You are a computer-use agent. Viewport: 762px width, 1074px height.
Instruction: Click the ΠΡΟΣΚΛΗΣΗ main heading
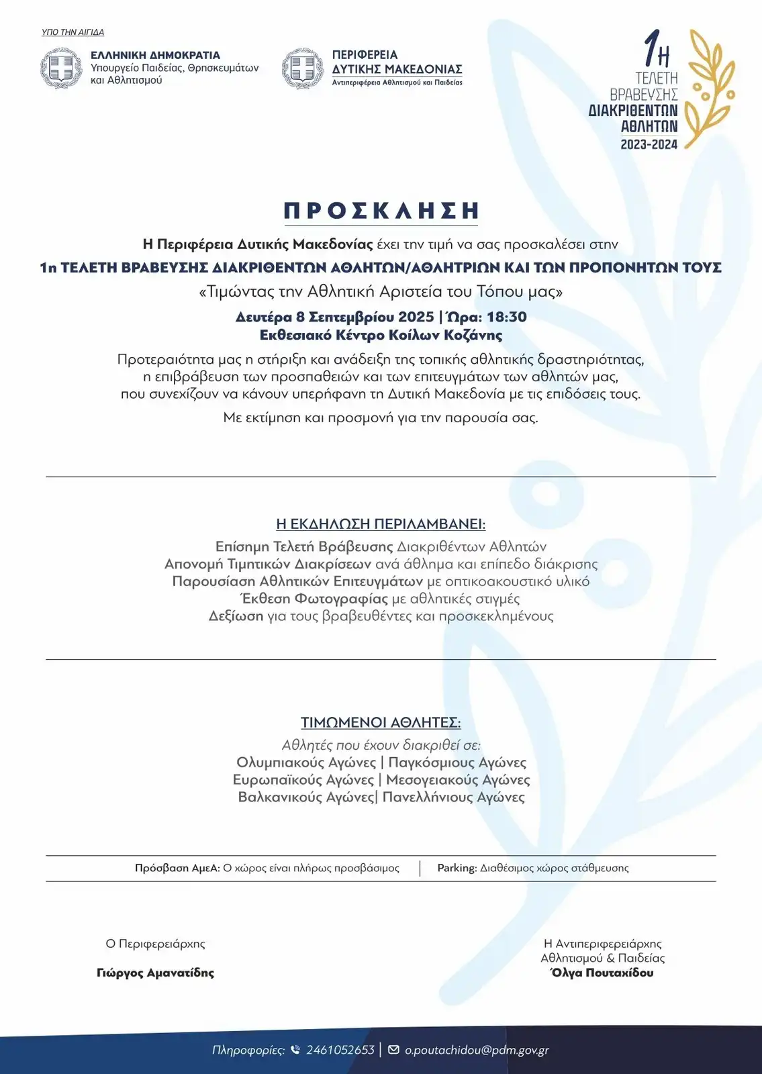coord(381,211)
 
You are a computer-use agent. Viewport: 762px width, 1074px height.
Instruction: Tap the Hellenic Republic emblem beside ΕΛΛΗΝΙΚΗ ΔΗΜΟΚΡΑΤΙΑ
coord(62,68)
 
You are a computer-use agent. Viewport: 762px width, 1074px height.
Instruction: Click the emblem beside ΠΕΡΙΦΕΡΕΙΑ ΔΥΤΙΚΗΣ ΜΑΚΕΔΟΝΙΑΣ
coord(303,68)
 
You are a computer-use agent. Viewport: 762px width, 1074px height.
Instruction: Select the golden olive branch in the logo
coord(712,87)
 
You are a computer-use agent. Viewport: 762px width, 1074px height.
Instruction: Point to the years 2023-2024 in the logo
coord(649,144)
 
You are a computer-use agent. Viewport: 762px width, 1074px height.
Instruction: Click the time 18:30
coord(506,317)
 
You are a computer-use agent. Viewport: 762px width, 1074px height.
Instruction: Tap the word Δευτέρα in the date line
coord(263,317)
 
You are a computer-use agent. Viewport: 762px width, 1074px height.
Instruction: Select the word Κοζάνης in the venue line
coord(473,335)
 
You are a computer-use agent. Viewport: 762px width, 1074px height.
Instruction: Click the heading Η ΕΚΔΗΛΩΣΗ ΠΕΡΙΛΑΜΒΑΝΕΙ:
coord(381,524)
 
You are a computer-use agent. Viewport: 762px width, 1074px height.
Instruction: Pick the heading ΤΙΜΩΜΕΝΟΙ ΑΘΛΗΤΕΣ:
coord(381,723)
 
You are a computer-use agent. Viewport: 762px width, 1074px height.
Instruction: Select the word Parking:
coord(457,868)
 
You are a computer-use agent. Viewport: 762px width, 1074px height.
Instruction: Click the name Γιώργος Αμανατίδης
coord(155,973)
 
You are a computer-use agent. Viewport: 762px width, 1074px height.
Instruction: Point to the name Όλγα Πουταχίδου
coord(602,973)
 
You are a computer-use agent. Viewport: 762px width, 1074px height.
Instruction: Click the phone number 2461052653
coord(340,1050)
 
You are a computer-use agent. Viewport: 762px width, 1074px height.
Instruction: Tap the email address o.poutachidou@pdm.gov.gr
coord(477,1050)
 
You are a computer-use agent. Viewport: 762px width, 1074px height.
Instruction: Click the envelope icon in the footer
coord(393,1050)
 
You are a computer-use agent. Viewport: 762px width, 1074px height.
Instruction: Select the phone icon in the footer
coord(295,1050)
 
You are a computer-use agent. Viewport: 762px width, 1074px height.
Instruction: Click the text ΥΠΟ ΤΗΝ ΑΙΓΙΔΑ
coord(73,32)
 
